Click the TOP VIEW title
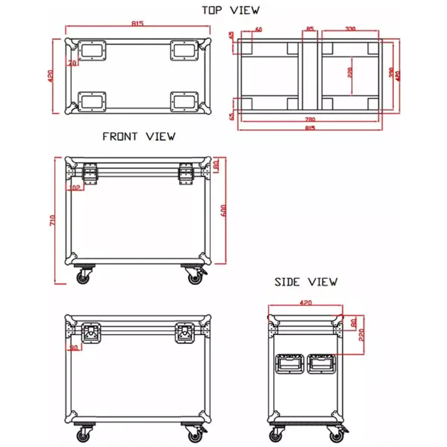coord(231,10)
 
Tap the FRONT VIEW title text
coord(139,137)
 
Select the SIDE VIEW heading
coord(306,282)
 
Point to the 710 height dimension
coord(53,220)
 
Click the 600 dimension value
coord(223,211)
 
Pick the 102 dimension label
coord(75,188)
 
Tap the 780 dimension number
coord(310,120)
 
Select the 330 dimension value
coord(350,29)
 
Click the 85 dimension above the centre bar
coord(310,29)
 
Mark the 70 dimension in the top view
coord(72,63)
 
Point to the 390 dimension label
coord(391,73)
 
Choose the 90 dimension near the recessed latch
coord(74,348)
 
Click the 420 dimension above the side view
coord(305,303)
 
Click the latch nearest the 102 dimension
coord(91,173)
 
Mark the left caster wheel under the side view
coord(276,436)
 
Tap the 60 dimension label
coord(258,29)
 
